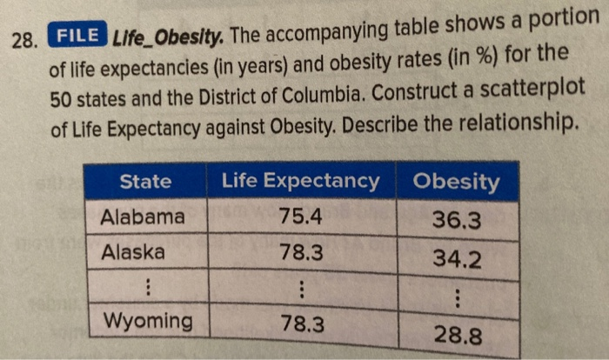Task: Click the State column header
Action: point(145,182)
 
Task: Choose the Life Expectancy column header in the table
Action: point(301,182)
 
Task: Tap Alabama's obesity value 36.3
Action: point(456,222)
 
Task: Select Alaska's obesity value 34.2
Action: point(456,259)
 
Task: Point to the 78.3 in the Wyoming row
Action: point(301,324)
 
